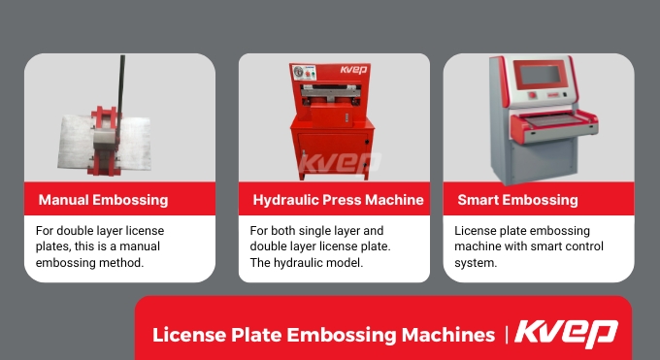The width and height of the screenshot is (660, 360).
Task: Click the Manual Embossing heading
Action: [x=103, y=201]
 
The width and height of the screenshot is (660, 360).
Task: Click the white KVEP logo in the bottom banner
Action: [x=566, y=333]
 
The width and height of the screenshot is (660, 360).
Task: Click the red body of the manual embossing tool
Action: [x=104, y=142]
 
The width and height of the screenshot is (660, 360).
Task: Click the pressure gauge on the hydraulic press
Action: [x=299, y=71]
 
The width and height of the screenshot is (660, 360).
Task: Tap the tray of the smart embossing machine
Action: [x=548, y=120]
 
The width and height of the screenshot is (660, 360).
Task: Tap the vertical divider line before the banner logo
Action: [x=507, y=335]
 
